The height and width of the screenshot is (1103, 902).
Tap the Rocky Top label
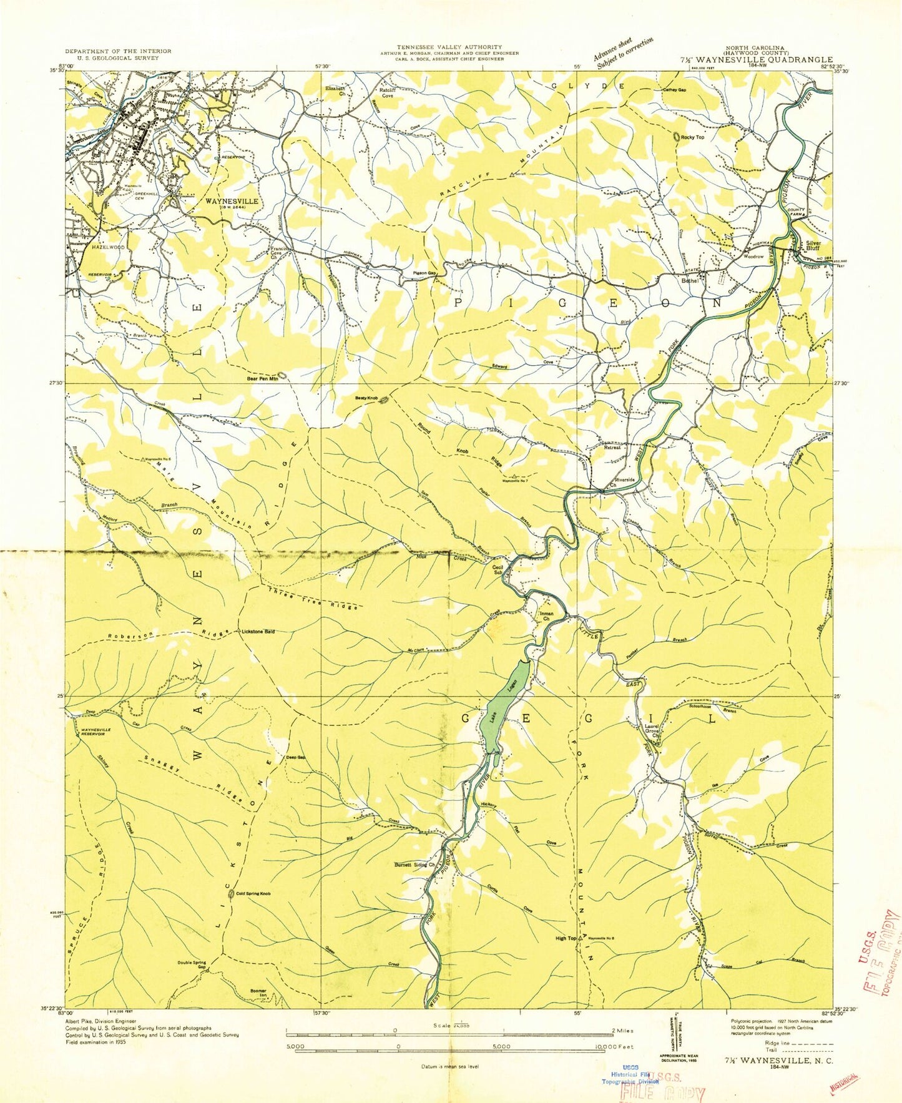(692, 137)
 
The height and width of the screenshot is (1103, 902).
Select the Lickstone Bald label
(258, 631)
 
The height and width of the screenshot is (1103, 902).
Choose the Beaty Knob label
(367, 398)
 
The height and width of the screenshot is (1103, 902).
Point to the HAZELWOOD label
(109, 247)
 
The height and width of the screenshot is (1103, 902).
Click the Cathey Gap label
(674, 90)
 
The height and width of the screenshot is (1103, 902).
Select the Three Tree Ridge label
(313, 598)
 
